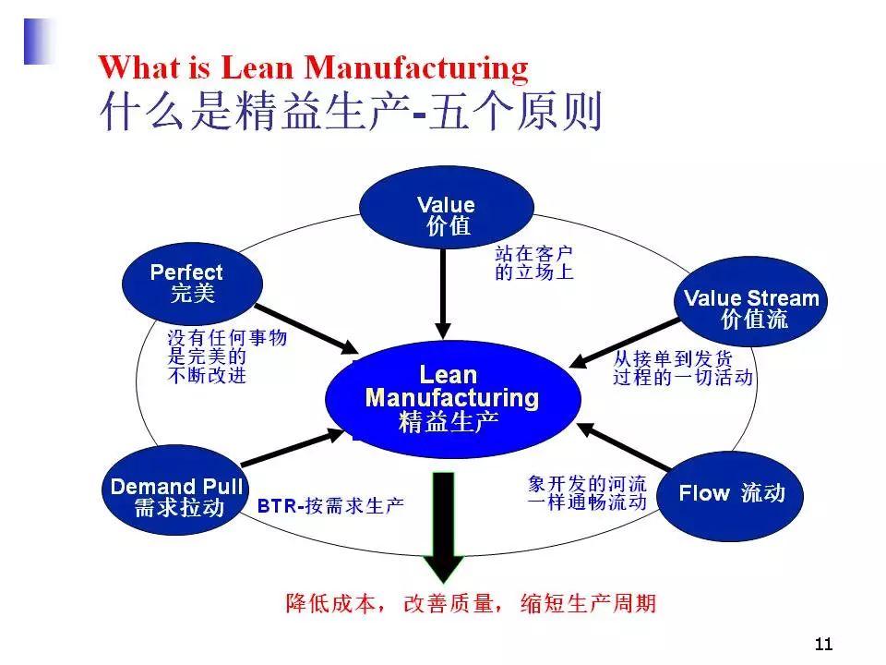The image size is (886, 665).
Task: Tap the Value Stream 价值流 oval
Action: pyautogui.click(x=750, y=308)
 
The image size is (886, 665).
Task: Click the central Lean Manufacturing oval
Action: pyautogui.click(x=453, y=398)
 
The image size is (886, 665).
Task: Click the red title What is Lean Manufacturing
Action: pyautogui.click(x=313, y=67)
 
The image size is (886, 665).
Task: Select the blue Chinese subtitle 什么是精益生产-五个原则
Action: pyautogui.click(x=350, y=112)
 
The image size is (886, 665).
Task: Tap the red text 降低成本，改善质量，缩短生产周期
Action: pyautogui.click(x=471, y=604)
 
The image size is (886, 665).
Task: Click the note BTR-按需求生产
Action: pyautogui.click(x=329, y=506)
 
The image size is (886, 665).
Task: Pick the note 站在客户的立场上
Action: pyautogui.click(x=533, y=262)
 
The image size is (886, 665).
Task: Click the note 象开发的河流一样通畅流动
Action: pyautogui.click(x=587, y=492)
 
